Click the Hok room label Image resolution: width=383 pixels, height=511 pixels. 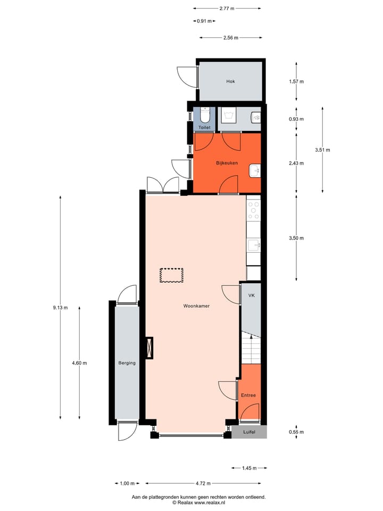click(230, 81)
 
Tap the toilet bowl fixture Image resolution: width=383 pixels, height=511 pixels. click(205, 114)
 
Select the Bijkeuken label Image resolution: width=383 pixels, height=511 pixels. click(227, 163)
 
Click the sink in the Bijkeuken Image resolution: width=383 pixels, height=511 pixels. click(255, 171)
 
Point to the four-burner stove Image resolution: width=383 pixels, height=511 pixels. click(254, 210)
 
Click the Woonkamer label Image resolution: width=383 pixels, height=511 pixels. click(196, 306)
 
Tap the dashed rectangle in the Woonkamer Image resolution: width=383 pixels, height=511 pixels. click(171, 275)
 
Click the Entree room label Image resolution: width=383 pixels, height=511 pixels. click(248, 395)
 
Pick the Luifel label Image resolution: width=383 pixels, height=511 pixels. click(249, 432)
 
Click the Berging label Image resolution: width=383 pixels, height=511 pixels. click(127, 363)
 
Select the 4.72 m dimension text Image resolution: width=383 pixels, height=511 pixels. click(202, 483)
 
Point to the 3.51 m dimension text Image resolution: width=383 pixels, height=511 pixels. click(322, 150)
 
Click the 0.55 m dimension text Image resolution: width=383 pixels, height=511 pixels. click(296, 432)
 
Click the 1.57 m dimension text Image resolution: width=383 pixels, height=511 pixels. click(296, 81)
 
